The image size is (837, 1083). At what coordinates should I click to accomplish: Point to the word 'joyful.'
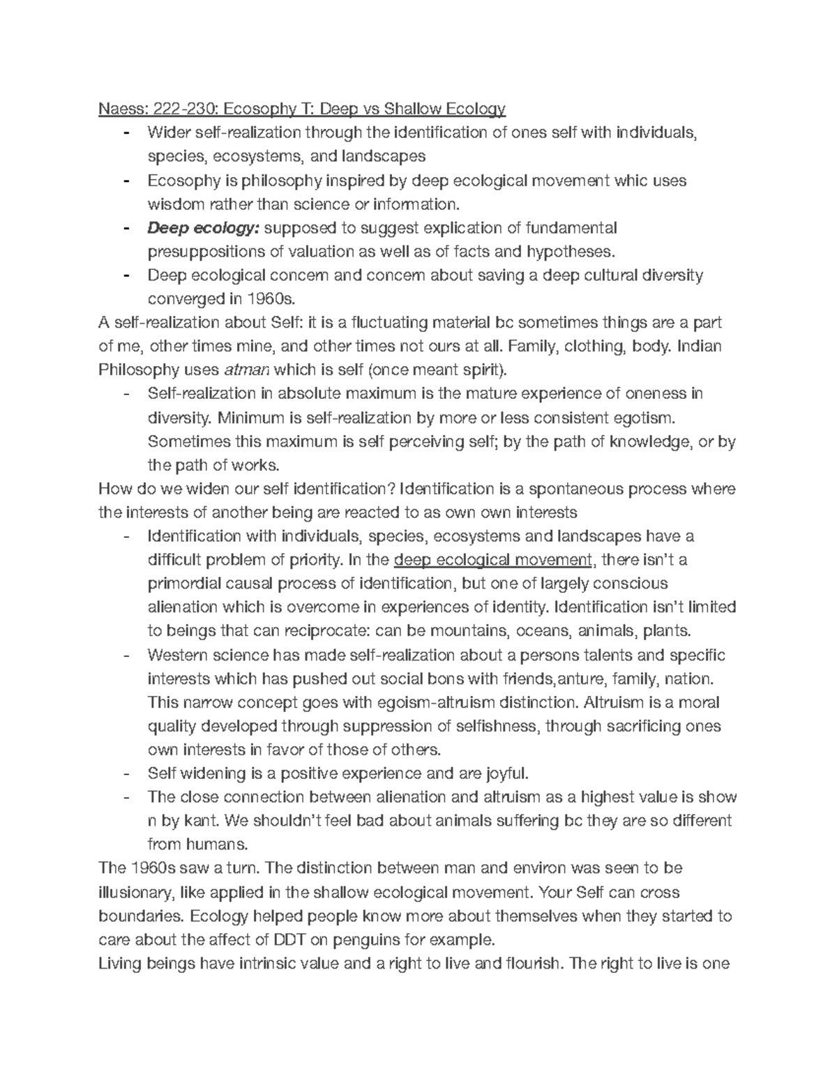[502, 773]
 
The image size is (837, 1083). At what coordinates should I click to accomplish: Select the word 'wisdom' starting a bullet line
[173, 204]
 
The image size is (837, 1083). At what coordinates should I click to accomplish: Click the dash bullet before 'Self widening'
[126, 773]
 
